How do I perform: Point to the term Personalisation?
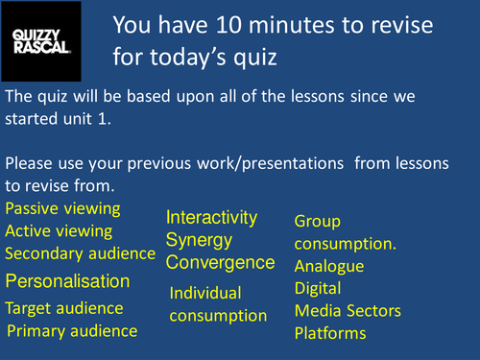point(81,281)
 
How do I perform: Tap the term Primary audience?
point(72,331)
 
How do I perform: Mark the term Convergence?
point(221,261)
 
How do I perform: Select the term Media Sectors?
point(348,311)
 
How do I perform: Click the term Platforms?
point(330,333)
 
